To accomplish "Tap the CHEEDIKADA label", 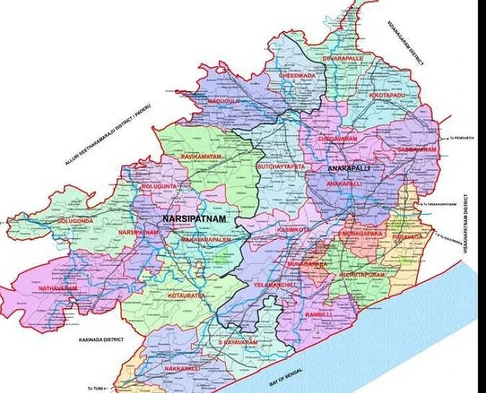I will click(297, 76).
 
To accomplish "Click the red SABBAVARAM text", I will click(417, 150).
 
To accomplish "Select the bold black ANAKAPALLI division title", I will click(349, 170).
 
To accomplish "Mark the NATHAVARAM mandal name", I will click(57, 289).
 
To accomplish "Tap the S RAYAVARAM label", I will click(238, 342).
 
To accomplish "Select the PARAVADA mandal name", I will click(407, 236).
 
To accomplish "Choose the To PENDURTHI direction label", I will click(460, 138).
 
